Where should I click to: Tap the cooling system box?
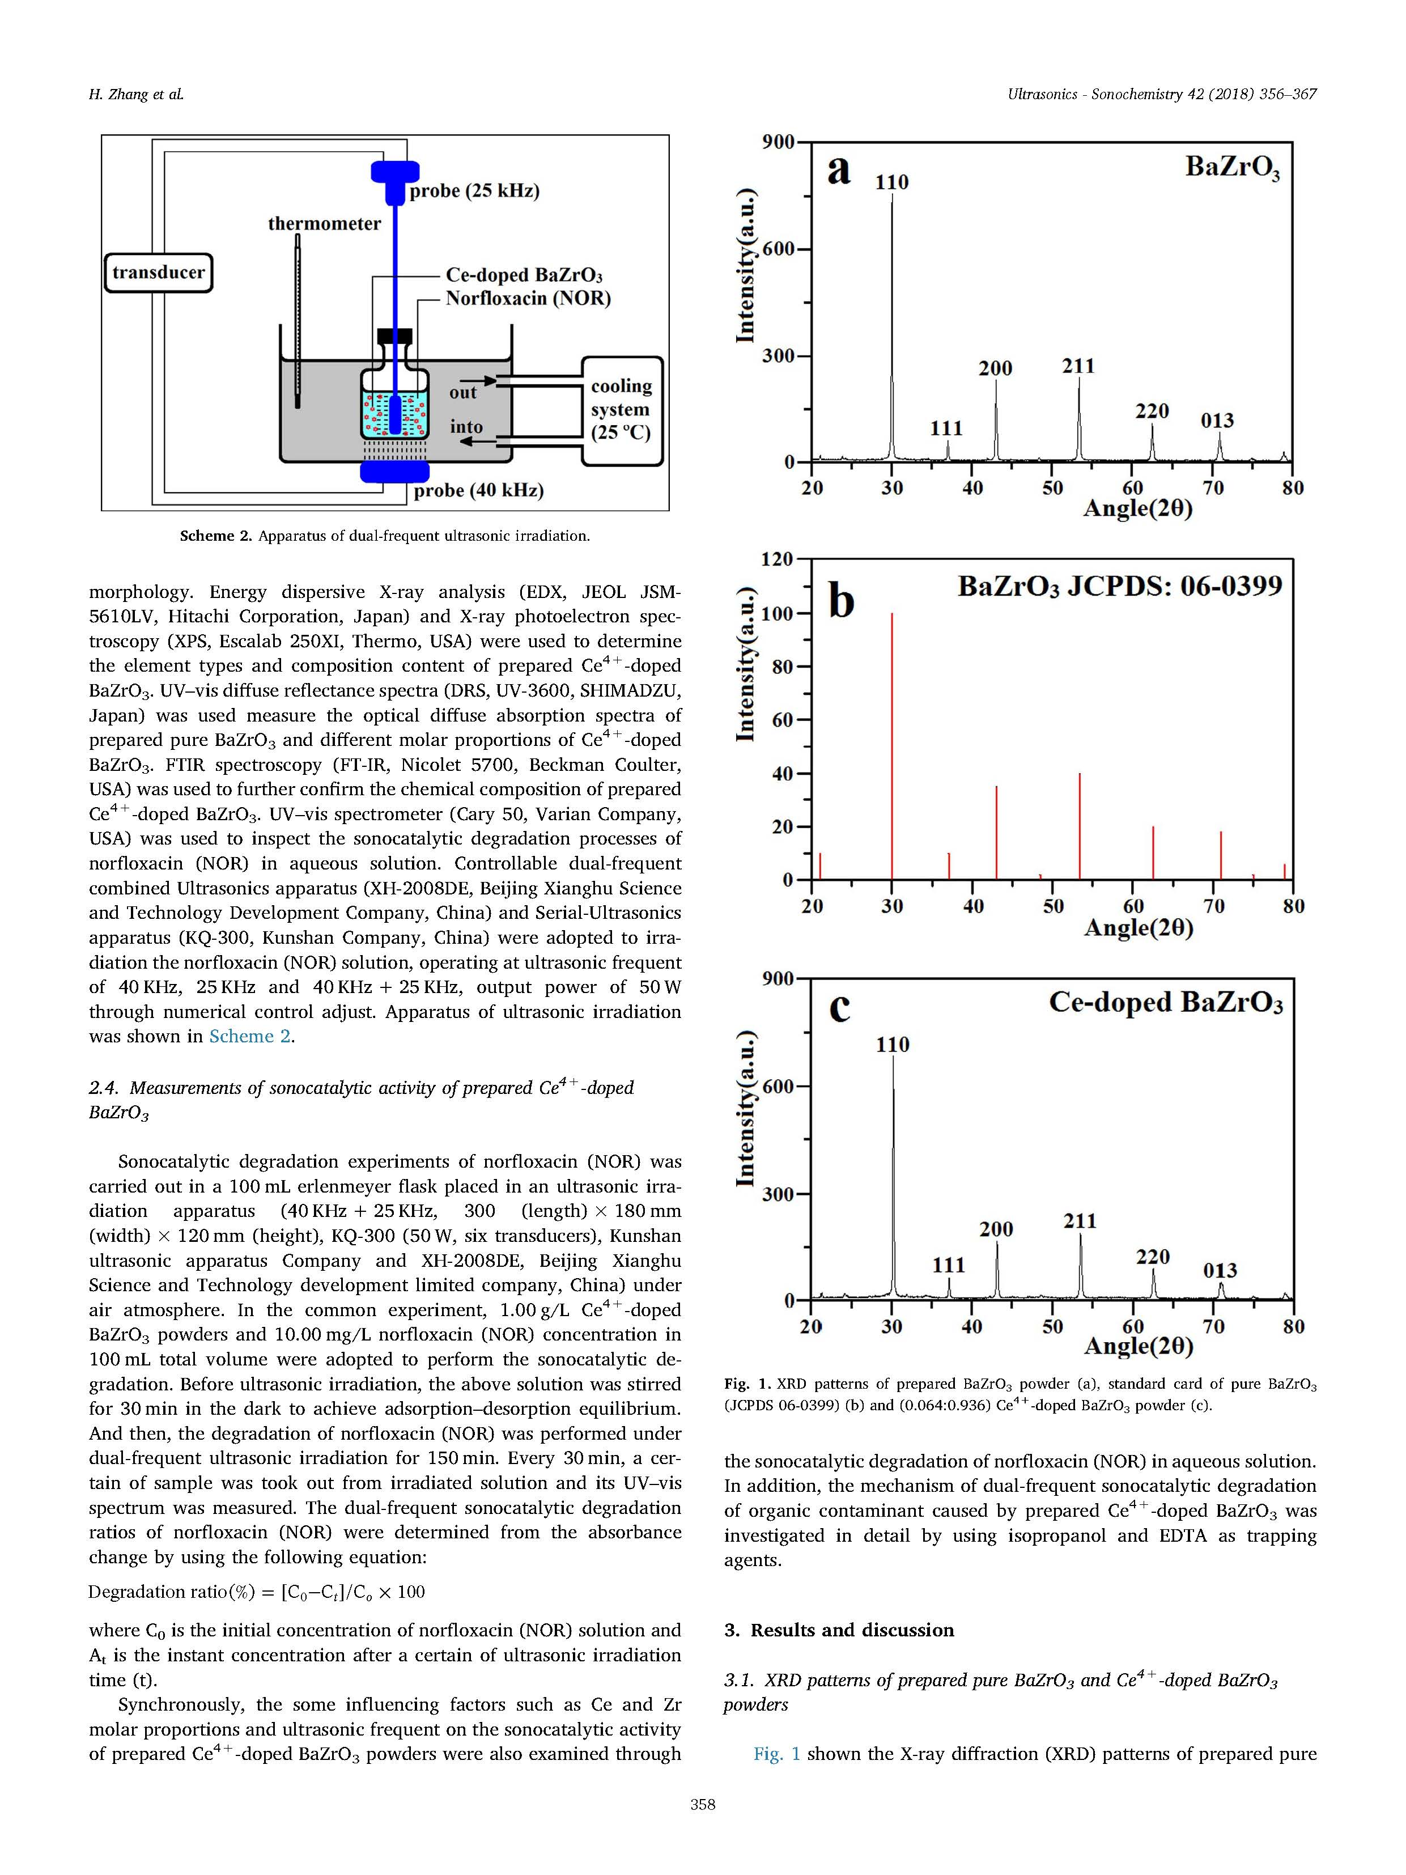[x=622, y=410]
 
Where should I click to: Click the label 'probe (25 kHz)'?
[x=474, y=190]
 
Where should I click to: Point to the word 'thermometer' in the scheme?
[x=325, y=224]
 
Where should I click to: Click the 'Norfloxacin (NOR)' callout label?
[x=528, y=298]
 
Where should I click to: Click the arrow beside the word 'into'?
[x=484, y=442]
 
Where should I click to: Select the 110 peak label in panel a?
[x=891, y=183]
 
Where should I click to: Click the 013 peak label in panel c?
[x=1220, y=1270]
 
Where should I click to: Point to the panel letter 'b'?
[x=841, y=602]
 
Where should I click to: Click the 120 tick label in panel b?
[x=776, y=559]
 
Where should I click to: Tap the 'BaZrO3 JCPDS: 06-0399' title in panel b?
[x=1120, y=587]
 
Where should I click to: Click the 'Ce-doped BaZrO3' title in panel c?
[x=1165, y=1003]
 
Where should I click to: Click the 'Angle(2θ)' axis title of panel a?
[x=1138, y=508]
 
